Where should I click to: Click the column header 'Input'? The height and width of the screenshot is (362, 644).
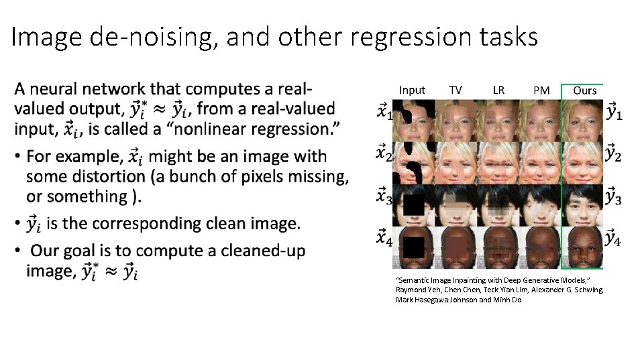click(x=412, y=90)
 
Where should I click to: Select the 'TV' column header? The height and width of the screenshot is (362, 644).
click(x=455, y=90)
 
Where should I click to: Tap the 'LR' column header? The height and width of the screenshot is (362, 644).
click(x=498, y=90)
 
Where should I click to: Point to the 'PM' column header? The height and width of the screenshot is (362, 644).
click(x=541, y=90)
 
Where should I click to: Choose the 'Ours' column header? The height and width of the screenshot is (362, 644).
click(x=585, y=90)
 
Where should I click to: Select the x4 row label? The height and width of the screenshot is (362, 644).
click(x=384, y=238)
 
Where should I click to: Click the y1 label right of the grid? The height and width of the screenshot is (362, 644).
click(x=614, y=112)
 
